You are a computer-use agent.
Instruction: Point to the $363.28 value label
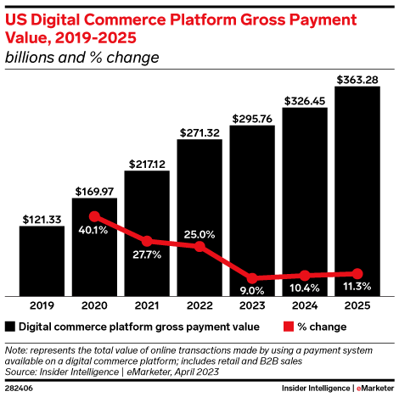pos(357,80)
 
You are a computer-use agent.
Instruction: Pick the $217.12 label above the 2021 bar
pos(147,163)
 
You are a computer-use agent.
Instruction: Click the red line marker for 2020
pos(94,216)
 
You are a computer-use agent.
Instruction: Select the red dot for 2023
pos(252,277)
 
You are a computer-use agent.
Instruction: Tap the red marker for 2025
pos(357,273)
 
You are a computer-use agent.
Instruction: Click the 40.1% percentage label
pos(94,231)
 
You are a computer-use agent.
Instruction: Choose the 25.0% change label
pos(199,234)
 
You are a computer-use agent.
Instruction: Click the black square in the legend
pos(10,326)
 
